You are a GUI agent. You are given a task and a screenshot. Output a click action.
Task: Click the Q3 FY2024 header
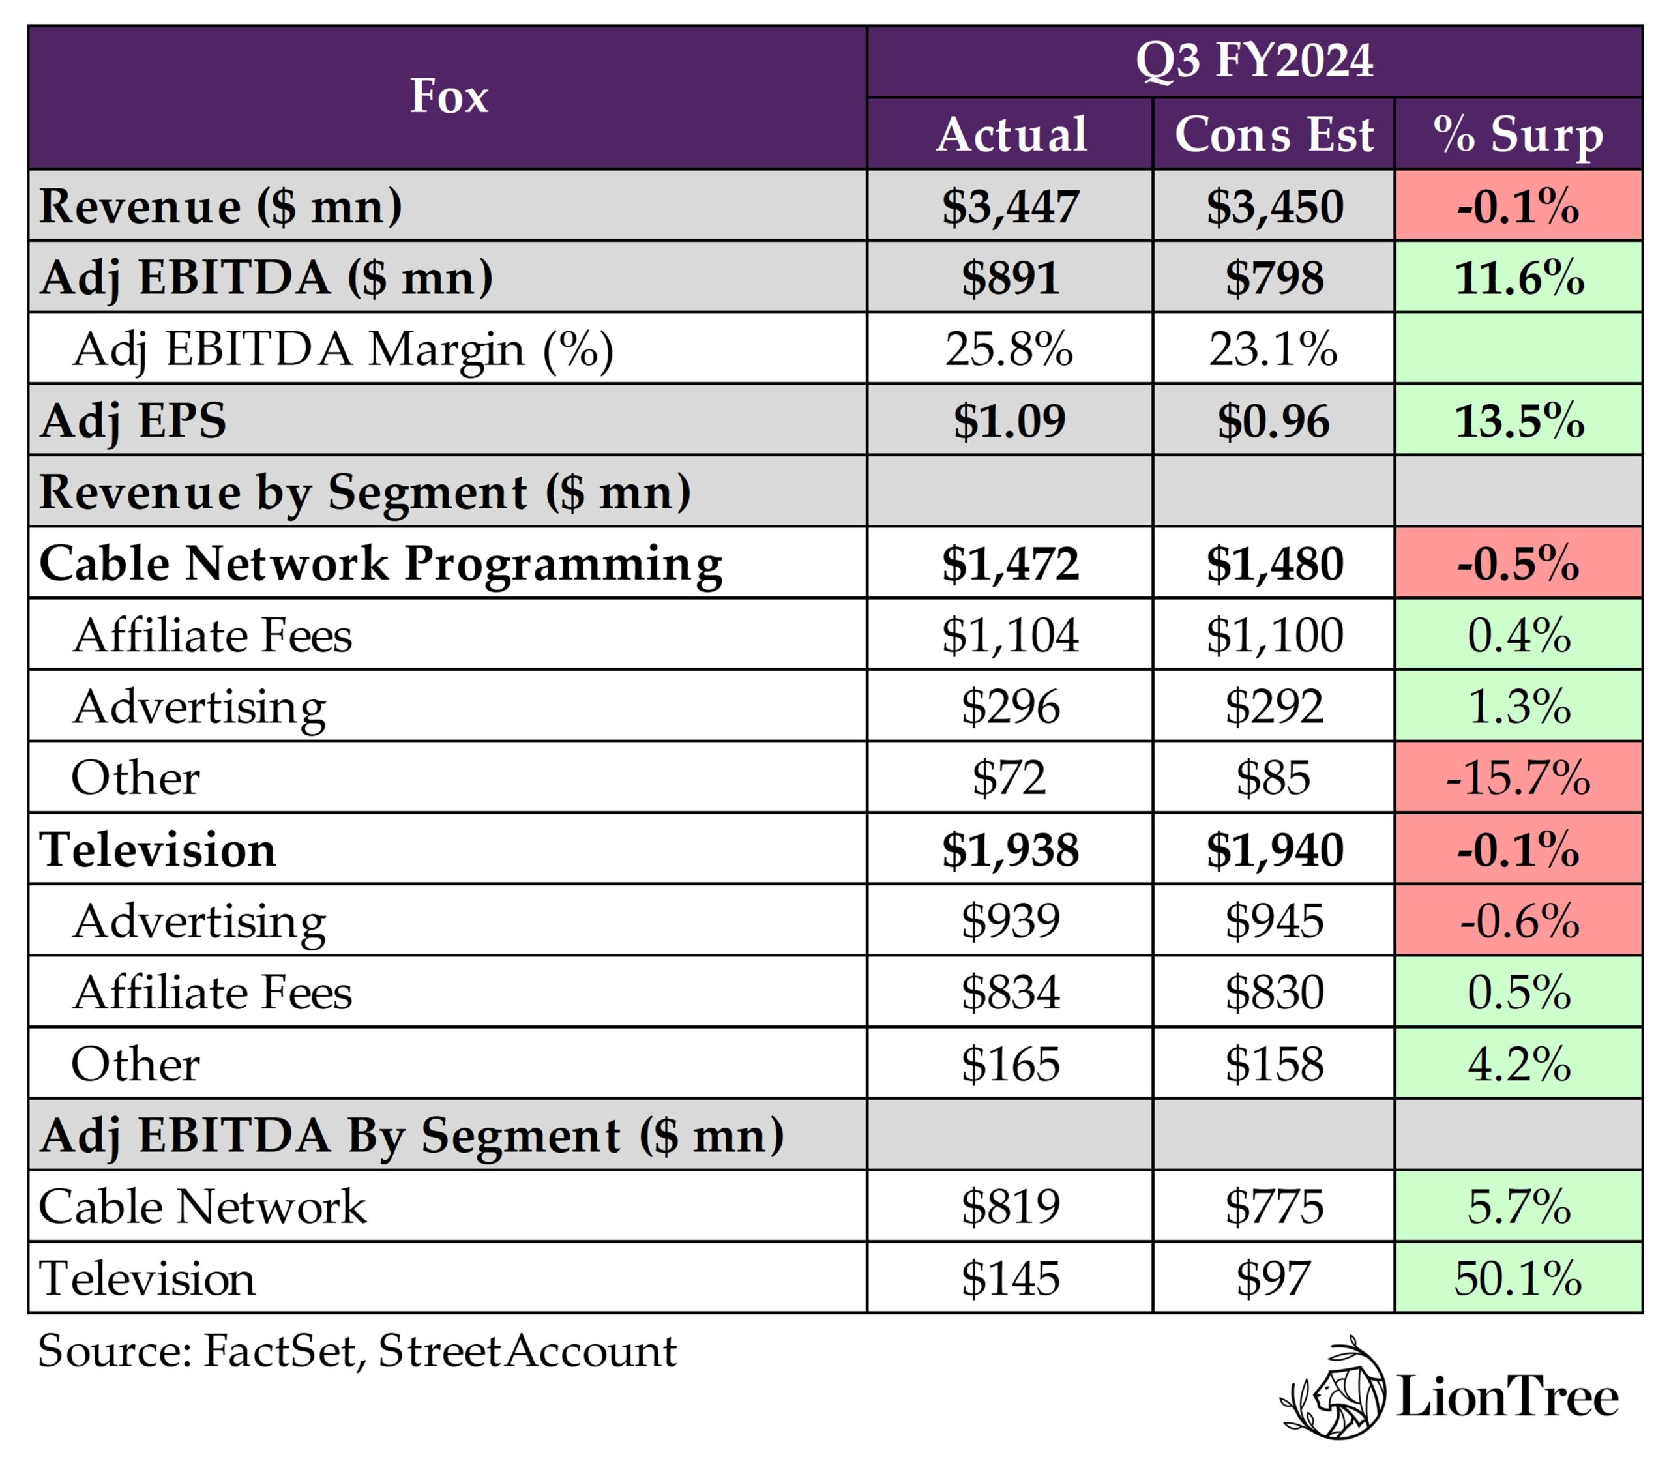click(1254, 61)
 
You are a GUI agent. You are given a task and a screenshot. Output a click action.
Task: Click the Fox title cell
click(449, 96)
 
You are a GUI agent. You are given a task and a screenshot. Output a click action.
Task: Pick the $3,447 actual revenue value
click(1010, 206)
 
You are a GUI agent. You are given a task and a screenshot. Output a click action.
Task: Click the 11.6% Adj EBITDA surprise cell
click(1519, 278)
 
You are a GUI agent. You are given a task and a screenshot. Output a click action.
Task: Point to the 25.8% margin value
click(1009, 349)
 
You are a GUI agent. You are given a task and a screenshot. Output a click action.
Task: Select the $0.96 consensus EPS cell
click(1273, 421)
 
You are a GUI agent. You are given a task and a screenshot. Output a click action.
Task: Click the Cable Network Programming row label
click(381, 563)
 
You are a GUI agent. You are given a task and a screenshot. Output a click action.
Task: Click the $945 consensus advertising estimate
click(1273, 921)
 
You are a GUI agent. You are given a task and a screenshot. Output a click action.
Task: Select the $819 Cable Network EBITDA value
click(1010, 1207)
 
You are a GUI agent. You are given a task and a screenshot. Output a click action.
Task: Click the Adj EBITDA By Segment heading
click(411, 1135)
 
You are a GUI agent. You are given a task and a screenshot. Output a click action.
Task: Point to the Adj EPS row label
click(133, 421)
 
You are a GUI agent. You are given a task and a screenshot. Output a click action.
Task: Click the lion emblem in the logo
click(1334, 1398)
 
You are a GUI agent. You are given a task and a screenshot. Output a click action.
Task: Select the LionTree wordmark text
click(1507, 1398)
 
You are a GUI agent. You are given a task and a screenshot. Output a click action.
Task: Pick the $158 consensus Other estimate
click(1273, 1064)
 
